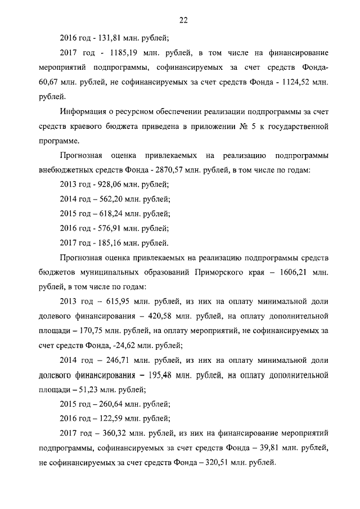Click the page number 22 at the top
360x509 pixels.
point(183,21)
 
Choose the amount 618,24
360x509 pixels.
point(106,214)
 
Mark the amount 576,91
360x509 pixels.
point(106,228)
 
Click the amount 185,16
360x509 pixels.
point(106,243)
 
